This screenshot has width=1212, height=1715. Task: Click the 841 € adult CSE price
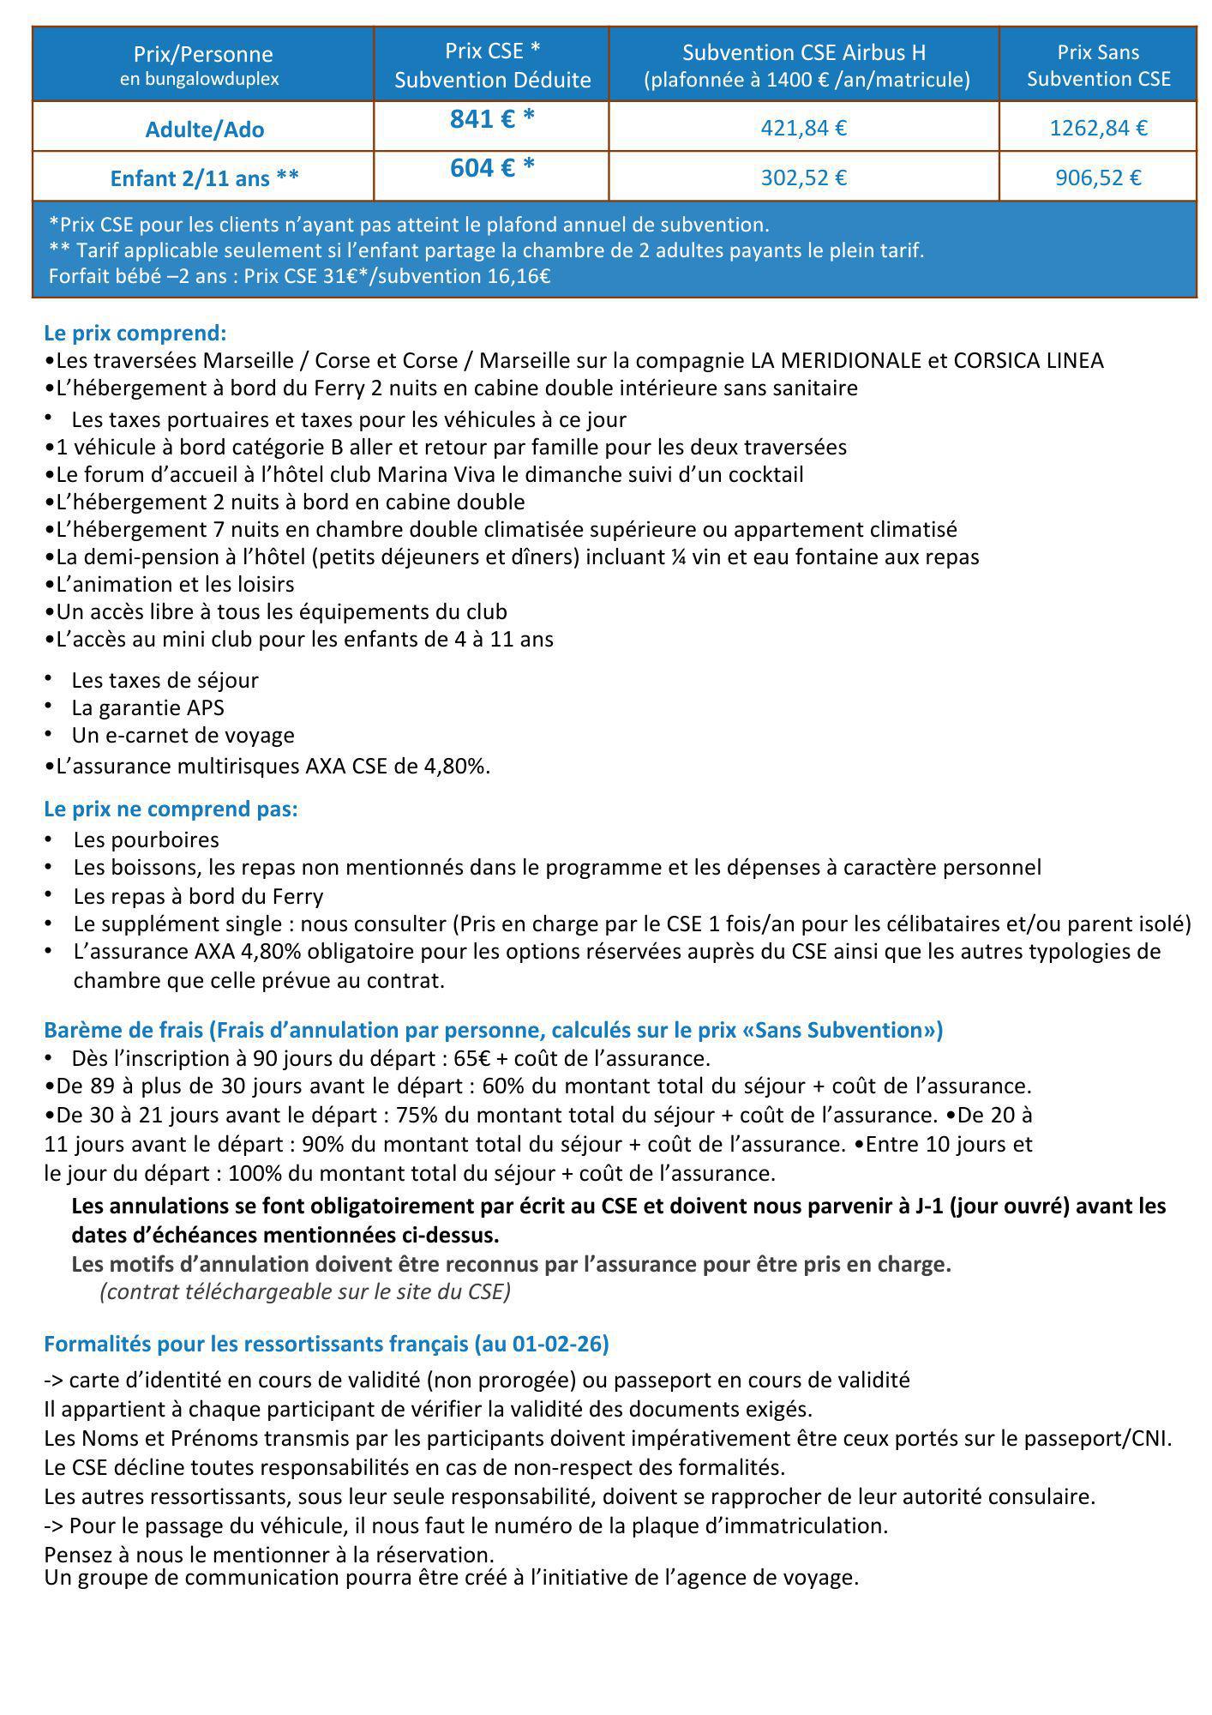click(x=491, y=120)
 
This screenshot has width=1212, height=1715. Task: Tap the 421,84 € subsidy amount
click(x=803, y=129)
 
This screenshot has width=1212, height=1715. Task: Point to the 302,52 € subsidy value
click(x=803, y=178)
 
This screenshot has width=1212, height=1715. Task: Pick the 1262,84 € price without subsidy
click(x=1098, y=129)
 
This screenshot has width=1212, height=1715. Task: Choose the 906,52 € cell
click(x=1098, y=178)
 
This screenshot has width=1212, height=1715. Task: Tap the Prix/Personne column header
click(x=203, y=64)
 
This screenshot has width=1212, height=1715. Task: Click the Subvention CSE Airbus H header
click(x=804, y=53)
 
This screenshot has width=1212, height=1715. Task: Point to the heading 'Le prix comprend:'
click(x=135, y=333)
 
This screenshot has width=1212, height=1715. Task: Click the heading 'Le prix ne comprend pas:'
click(x=171, y=809)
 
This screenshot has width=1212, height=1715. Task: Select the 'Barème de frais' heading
click(x=493, y=1030)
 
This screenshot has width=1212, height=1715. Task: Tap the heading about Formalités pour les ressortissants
click(x=326, y=1344)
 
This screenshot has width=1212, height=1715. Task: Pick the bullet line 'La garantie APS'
click(x=147, y=708)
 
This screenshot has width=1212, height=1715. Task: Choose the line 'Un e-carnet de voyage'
click(x=183, y=736)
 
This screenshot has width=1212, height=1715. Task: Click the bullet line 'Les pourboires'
click(x=146, y=840)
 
